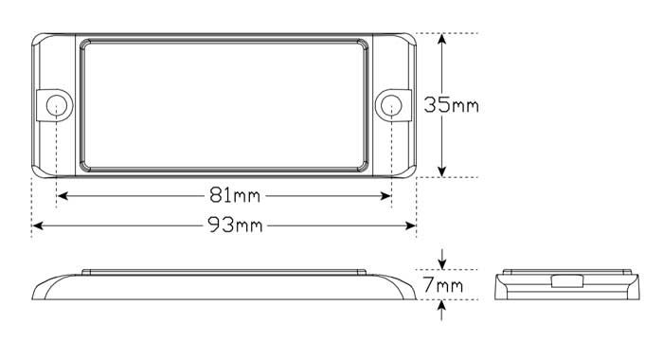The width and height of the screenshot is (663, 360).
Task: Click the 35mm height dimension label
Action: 451,105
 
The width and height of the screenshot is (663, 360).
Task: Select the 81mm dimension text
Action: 235,195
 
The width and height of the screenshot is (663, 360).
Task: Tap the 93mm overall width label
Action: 235,225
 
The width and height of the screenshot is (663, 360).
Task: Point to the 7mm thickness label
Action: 443,285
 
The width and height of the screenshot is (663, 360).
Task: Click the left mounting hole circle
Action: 56,105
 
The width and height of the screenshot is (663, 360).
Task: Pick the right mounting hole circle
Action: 391,105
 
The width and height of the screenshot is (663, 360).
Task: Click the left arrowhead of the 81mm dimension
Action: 63,196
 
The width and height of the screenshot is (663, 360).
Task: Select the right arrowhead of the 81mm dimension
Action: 385,196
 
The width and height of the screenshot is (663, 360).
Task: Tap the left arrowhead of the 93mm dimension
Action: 38,225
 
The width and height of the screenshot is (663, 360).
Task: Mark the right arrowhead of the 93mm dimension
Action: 410,225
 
